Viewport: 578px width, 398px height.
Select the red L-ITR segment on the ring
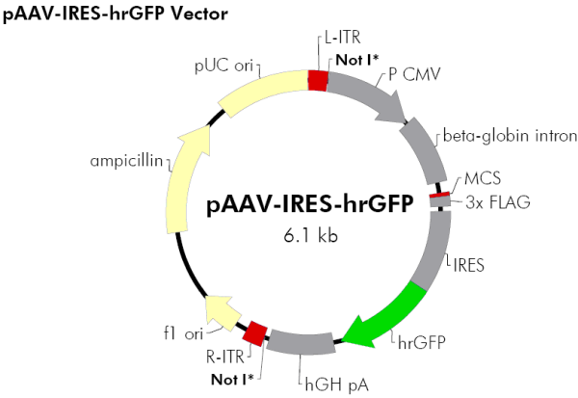317,80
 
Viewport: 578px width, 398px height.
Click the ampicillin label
124,159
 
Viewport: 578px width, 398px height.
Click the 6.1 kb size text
316,233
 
